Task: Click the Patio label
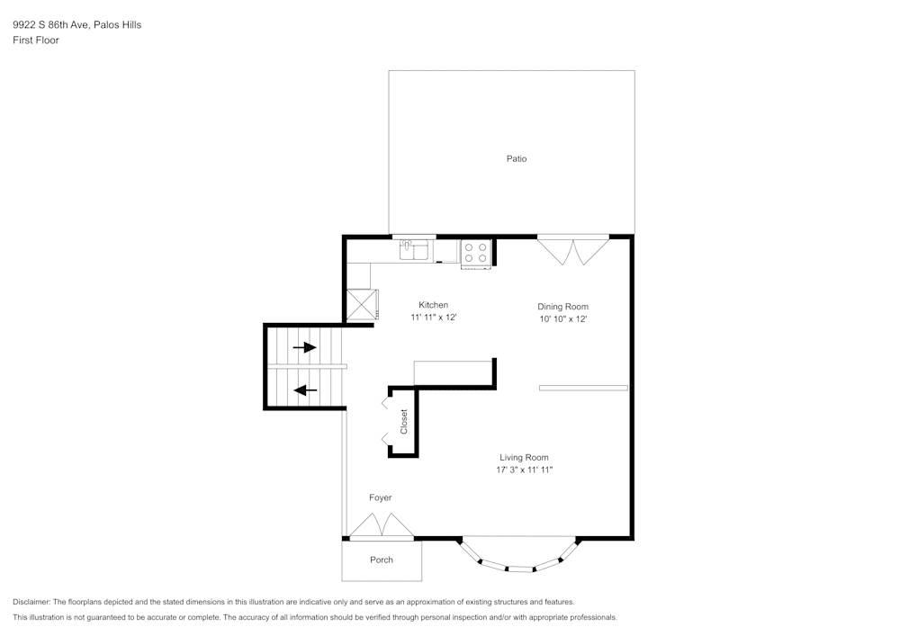click(516, 159)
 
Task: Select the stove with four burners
click(476, 253)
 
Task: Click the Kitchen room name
click(433, 305)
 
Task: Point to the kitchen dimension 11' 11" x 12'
click(434, 318)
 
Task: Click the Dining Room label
click(562, 307)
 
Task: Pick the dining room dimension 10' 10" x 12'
click(562, 318)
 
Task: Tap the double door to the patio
click(573, 250)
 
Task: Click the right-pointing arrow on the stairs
click(305, 347)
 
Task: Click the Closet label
click(404, 422)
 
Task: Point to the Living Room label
click(524, 457)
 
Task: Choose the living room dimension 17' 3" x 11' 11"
click(524, 470)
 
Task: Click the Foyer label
click(381, 497)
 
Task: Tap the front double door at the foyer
click(382, 526)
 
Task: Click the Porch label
click(382, 560)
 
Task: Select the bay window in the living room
click(518, 559)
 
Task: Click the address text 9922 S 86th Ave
click(51, 25)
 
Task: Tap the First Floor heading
click(36, 40)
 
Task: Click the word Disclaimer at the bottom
click(31, 602)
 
